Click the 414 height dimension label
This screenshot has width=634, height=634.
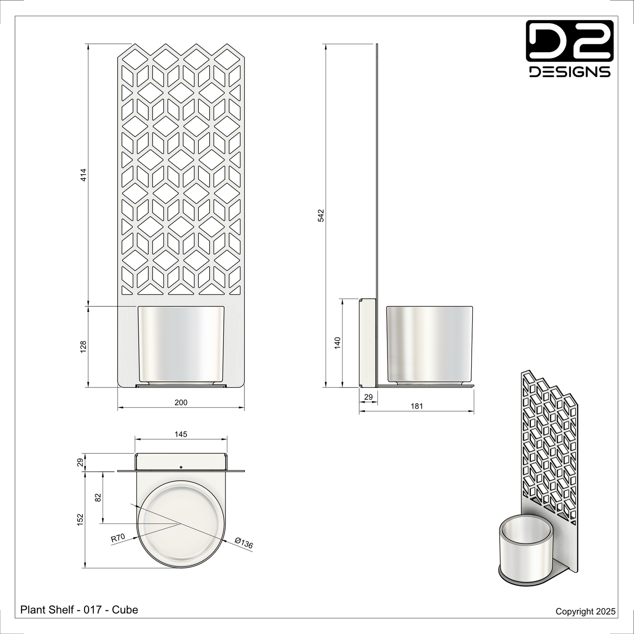[x=84, y=175]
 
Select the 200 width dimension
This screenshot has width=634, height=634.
[x=181, y=402]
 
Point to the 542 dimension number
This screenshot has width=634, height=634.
[x=321, y=215]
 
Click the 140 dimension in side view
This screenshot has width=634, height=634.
[x=337, y=343]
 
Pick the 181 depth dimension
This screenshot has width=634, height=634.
[x=416, y=406]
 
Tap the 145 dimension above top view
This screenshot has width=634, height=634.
[x=181, y=434]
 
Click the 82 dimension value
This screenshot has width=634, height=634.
[x=98, y=497]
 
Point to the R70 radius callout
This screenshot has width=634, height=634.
[x=118, y=537]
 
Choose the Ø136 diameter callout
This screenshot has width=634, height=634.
[x=244, y=543]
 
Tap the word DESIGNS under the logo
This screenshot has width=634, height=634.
[x=570, y=72]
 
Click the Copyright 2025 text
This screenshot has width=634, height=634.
[x=585, y=611]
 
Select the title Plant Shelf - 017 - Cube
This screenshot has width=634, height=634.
[x=79, y=609]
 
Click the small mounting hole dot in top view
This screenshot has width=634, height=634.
[x=181, y=467]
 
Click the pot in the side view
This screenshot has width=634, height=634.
[x=430, y=344]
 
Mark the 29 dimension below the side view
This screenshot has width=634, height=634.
[x=369, y=397]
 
